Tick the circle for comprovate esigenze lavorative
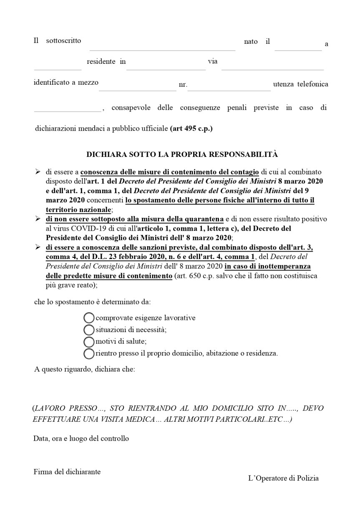89,318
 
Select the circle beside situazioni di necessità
89,330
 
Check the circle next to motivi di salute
89,342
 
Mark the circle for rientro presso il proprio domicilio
89,354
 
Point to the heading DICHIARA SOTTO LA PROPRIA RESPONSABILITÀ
182,154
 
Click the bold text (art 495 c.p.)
191,129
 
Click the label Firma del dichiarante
67,472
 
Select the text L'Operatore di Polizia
283,478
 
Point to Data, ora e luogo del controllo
81,438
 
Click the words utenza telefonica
300,84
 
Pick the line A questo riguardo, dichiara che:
85,369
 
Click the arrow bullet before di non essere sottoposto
38,219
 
